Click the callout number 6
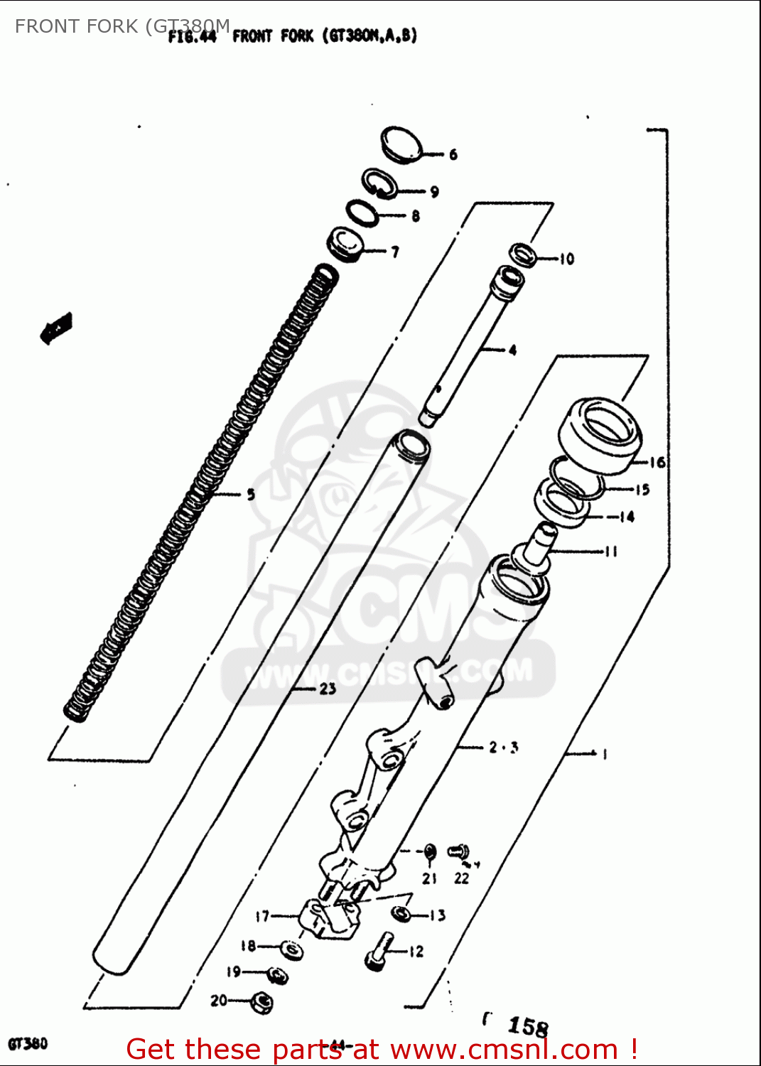click(x=453, y=154)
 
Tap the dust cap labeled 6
click(x=401, y=145)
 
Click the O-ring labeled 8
click(x=362, y=212)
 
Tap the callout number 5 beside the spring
click(x=251, y=494)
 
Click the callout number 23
click(x=327, y=688)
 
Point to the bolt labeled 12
click(x=378, y=951)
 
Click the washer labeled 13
click(x=401, y=914)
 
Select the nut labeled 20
click(x=261, y=1002)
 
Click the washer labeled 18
click(x=291, y=949)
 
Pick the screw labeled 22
click(x=458, y=850)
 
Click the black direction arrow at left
click(x=55, y=328)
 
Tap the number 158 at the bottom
click(x=527, y=1026)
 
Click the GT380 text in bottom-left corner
click(x=28, y=1043)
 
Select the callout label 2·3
click(x=503, y=747)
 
